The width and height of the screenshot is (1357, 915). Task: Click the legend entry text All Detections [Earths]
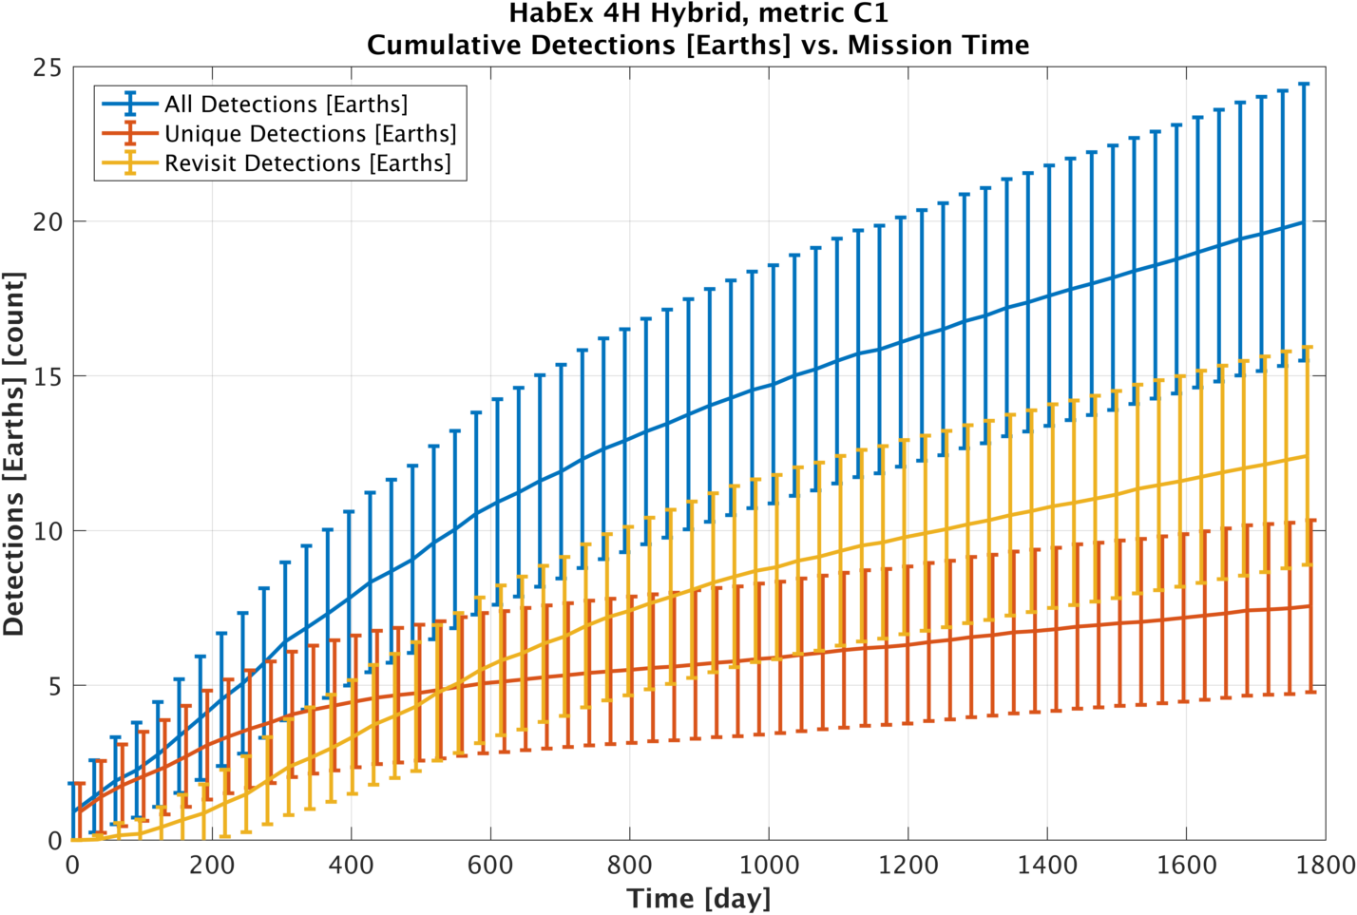(x=286, y=104)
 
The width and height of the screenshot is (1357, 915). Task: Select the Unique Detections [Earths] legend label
(x=310, y=134)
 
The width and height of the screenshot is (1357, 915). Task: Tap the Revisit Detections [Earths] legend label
(x=307, y=163)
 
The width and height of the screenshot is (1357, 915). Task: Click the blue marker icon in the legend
(x=130, y=104)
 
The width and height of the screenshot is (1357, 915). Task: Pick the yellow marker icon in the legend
(x=130, y=163)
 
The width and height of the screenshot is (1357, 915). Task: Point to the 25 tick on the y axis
(x=47, y=68)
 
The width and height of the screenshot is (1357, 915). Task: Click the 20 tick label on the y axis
(x=47, y=221)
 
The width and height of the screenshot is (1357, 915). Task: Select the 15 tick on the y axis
(x=47, y=376)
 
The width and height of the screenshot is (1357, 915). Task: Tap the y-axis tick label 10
(x=47, y=531)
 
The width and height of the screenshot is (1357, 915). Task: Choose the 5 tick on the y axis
(x=54, y=686)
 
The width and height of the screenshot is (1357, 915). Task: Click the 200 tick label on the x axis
(x=212, y=866)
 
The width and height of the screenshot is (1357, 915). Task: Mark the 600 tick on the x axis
(x=490, y=866)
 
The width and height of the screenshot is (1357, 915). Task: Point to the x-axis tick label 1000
(x=769, y=866)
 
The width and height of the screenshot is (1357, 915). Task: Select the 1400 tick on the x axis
(x=1047, y=866)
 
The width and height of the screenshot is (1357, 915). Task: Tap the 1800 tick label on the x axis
(x=1325, y=866)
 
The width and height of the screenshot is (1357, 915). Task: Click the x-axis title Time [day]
(x=698, y=898)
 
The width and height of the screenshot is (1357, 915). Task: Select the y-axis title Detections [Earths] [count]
(x=14, y=454)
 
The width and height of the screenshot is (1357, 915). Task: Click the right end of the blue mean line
(x=1303, y=221)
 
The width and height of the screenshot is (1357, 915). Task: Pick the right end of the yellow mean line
(x=1308, y=456)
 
